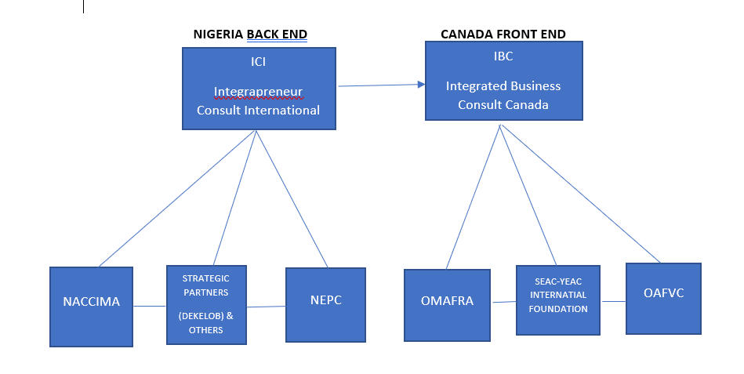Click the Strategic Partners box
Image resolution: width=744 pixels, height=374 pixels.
pos(205,304)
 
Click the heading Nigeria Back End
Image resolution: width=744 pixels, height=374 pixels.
pos(250,34)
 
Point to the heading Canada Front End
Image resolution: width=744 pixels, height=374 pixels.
pos(503,34)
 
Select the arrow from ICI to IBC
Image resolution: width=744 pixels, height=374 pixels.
pos(380,84)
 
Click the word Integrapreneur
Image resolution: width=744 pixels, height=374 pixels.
pos(259,93)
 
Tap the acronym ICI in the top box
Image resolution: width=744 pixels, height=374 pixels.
pos(258,62)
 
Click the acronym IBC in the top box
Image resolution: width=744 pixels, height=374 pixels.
pos(503,56)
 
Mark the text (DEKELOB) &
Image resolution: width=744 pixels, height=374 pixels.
pos(205,314)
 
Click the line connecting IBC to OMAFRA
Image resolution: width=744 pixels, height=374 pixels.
pos(473,196)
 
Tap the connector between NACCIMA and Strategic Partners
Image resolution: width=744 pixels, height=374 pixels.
pos(150,306)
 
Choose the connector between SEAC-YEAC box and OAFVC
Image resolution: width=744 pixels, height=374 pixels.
pos(613,301)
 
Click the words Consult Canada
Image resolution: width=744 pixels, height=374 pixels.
pos(503,104)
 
